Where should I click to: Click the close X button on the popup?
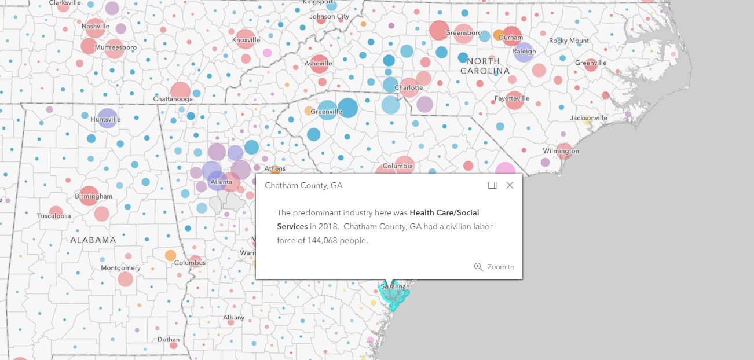(510, 185)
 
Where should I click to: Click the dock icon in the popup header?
(492, 185)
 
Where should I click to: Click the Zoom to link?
(495, 267)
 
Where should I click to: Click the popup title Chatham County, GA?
(303, 185)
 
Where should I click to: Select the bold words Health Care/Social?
(444, 212)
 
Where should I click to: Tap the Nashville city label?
(96, 27)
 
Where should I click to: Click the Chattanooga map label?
(173, 99)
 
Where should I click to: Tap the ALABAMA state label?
(93, 240)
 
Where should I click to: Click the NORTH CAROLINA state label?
(485, 65)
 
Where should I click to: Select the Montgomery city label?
(120, 268)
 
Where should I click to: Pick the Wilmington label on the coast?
(561, 151)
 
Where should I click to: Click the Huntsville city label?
(106, 120)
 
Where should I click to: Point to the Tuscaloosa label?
(54, 216)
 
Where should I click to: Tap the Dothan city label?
(168, 340)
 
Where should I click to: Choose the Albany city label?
(234, 318)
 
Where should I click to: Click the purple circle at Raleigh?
(524, 53)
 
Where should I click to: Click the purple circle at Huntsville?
(107, 116)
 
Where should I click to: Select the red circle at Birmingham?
(89, 196)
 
